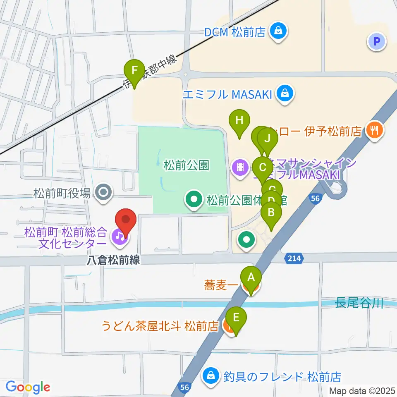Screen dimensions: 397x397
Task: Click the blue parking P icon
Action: [376, 41]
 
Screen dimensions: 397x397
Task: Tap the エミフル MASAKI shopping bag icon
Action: [285, 94]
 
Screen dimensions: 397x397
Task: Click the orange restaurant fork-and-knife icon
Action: [375, 131]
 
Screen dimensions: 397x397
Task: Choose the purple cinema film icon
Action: [240, 167]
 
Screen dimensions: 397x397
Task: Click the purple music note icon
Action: [119, 236]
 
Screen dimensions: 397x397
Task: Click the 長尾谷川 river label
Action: [359, 304]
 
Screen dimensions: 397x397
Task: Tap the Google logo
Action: [28, 387]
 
